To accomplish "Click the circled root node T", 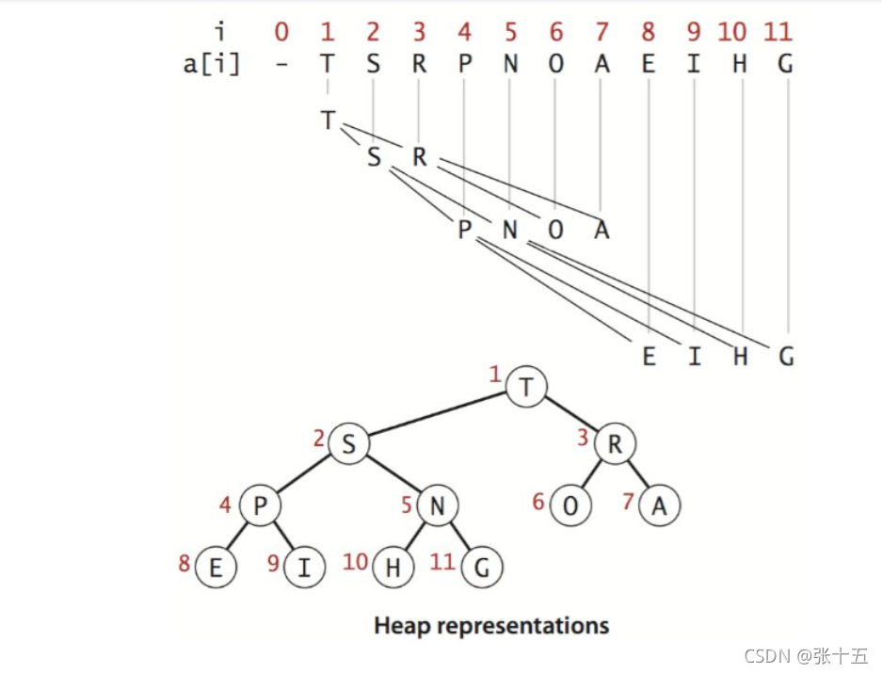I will tap(526, 388).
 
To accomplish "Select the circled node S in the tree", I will tap(348, 445).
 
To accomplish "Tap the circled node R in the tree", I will tap(615, 445).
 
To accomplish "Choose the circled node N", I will tap(437, 506).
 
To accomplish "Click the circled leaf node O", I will tap(570, 506).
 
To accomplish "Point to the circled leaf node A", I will tap(659, 506).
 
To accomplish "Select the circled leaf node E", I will tap(216, 568).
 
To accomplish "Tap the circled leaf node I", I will tap(303, 568).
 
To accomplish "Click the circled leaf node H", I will tap(393, 568).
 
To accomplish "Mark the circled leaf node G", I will tap(482, 568).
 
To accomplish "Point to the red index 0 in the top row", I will tap(281, 32).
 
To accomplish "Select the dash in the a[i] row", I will tap(281, 65).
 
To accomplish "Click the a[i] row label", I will tap(212, 66).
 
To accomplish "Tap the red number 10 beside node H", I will tap(355, 562).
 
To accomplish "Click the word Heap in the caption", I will tap(401, 626).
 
